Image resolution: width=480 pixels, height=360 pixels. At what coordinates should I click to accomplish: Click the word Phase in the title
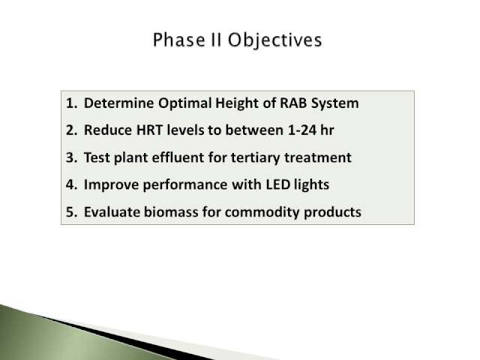tap(178, 40)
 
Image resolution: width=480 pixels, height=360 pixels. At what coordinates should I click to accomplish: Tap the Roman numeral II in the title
tap(216, 40)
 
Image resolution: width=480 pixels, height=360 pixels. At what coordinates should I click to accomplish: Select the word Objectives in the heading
tap(275, 40)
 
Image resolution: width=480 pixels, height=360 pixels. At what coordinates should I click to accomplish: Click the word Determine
tap(118, 103)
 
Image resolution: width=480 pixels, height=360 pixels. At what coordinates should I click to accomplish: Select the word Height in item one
tap(237, 104)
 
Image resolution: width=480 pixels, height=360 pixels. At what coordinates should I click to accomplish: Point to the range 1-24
tap(301, 130)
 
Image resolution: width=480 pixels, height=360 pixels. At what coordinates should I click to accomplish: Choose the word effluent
tap(178, 157)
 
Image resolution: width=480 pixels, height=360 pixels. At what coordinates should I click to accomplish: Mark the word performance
tap(185, 185)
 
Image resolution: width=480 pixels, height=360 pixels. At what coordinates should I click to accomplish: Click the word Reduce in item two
tap(108, 130)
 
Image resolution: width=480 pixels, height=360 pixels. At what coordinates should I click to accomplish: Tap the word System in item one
tap(335, 104)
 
